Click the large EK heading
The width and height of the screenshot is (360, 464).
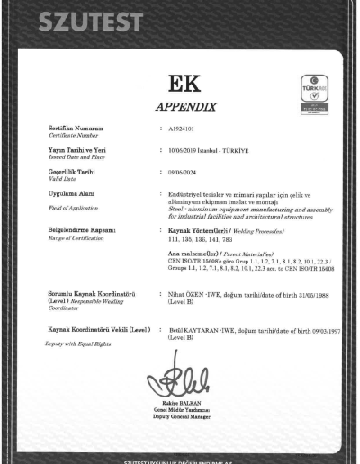tap(179, 88)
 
